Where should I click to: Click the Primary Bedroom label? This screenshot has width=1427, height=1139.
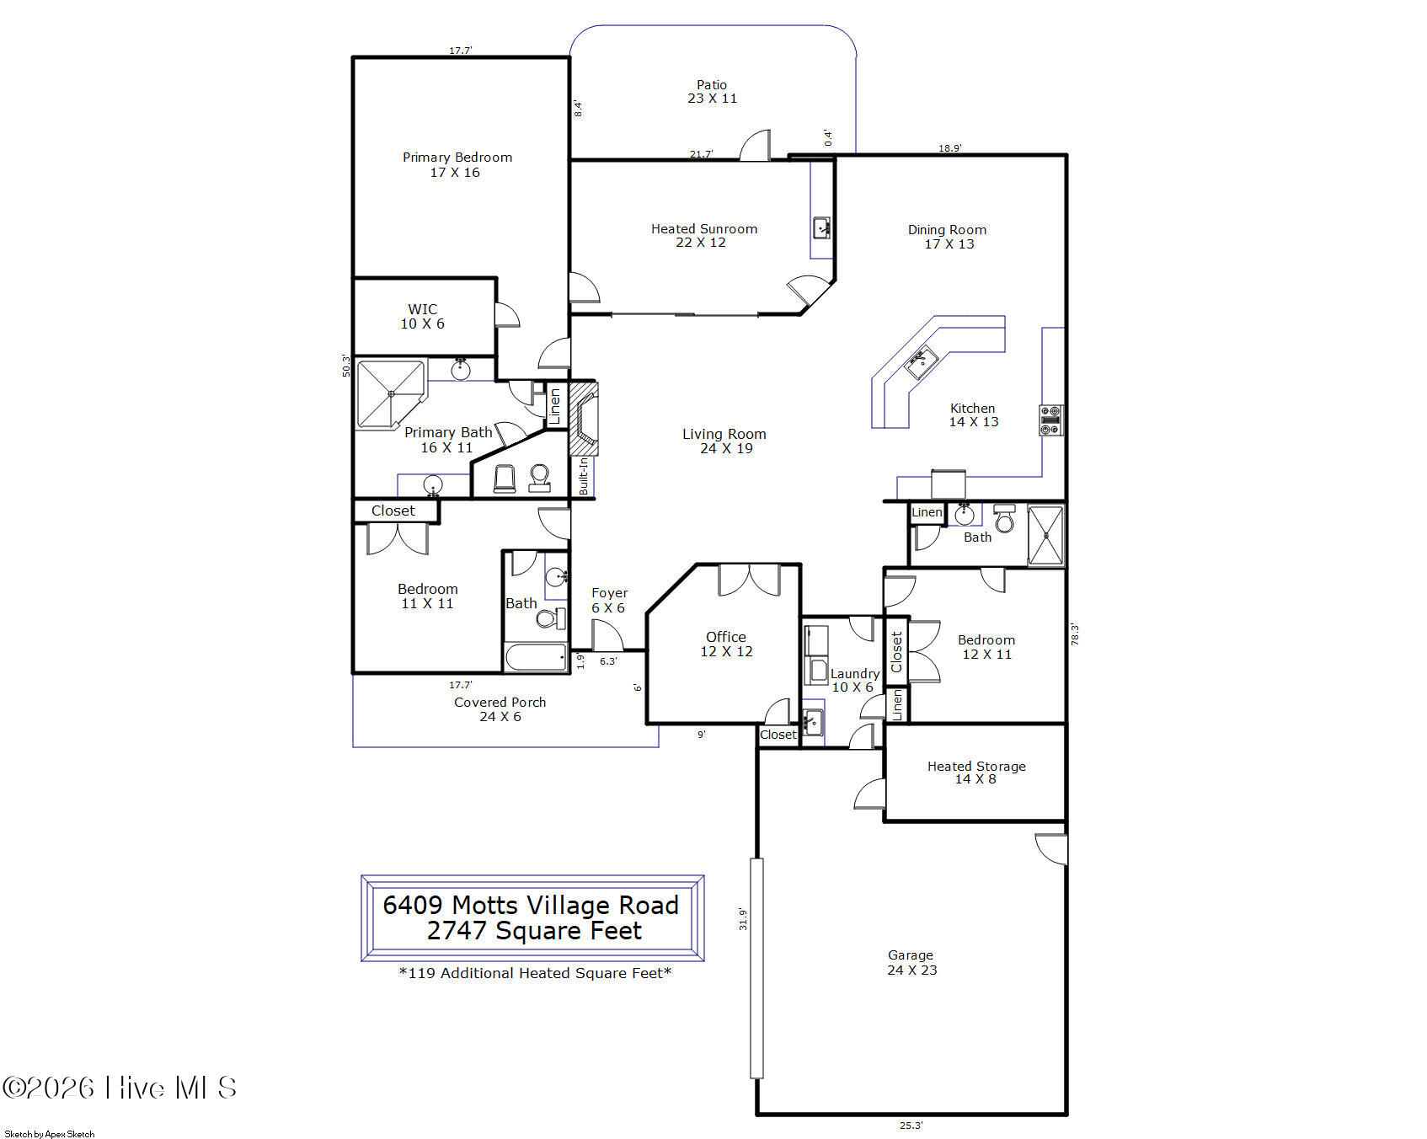[x=457, y=164]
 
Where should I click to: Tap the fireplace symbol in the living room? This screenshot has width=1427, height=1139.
[x=584, y=418]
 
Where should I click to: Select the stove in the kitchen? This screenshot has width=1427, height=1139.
[x=1050, y=420]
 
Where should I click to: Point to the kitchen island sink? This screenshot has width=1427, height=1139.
[x=921, y=362]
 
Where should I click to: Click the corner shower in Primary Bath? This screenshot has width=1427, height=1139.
[x=391, y=393]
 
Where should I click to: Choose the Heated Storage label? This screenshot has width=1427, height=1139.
[x=975, y=772]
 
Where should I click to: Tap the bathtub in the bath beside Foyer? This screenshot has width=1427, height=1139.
[x=536, y=657]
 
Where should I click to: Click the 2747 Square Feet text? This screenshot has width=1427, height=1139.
[x=533, y=931]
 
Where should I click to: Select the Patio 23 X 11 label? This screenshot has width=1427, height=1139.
[x=712, y=91]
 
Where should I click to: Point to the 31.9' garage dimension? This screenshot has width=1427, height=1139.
[x=743, y=918]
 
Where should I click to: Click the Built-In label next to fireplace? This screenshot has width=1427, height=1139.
[x=584, y=476]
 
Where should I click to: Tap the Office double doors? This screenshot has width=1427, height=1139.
[x=749, y=580]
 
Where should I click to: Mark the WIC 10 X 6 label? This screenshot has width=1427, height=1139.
[x=422, y=316]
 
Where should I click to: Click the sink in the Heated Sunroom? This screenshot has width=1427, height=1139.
[x=821, y=227]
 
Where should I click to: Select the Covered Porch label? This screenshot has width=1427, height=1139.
[x=500, y=709]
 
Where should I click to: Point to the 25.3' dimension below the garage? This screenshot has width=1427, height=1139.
[x=911, y=1125]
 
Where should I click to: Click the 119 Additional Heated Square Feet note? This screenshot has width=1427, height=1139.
[x=535, y=973]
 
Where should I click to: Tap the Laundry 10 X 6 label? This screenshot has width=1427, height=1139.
[x=854, y=680]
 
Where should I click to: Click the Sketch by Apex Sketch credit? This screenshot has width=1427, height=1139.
[x=50, y=1134]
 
